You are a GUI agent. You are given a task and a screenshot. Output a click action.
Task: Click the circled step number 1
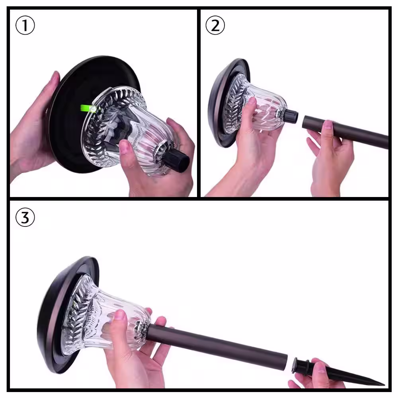click(25, 25)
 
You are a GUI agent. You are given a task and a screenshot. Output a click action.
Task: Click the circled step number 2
click(215, 25)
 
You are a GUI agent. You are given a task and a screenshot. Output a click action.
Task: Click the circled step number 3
click(25, 217)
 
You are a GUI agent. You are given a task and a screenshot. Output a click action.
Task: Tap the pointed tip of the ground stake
click(384, 384)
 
